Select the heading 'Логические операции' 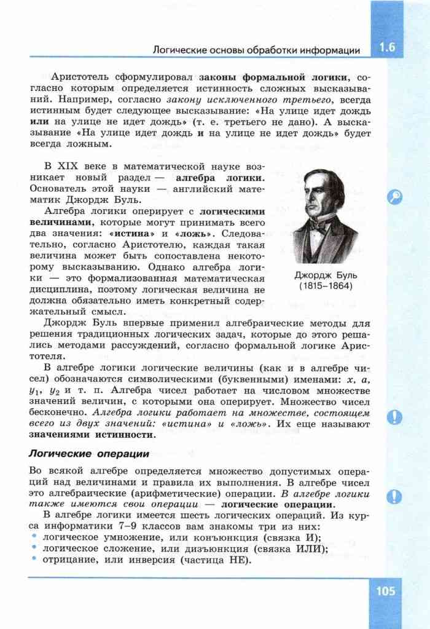[90, 454]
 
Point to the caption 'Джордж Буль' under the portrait [326, 275]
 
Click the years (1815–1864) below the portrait [326, 287]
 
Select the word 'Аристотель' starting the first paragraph [80, 77]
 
